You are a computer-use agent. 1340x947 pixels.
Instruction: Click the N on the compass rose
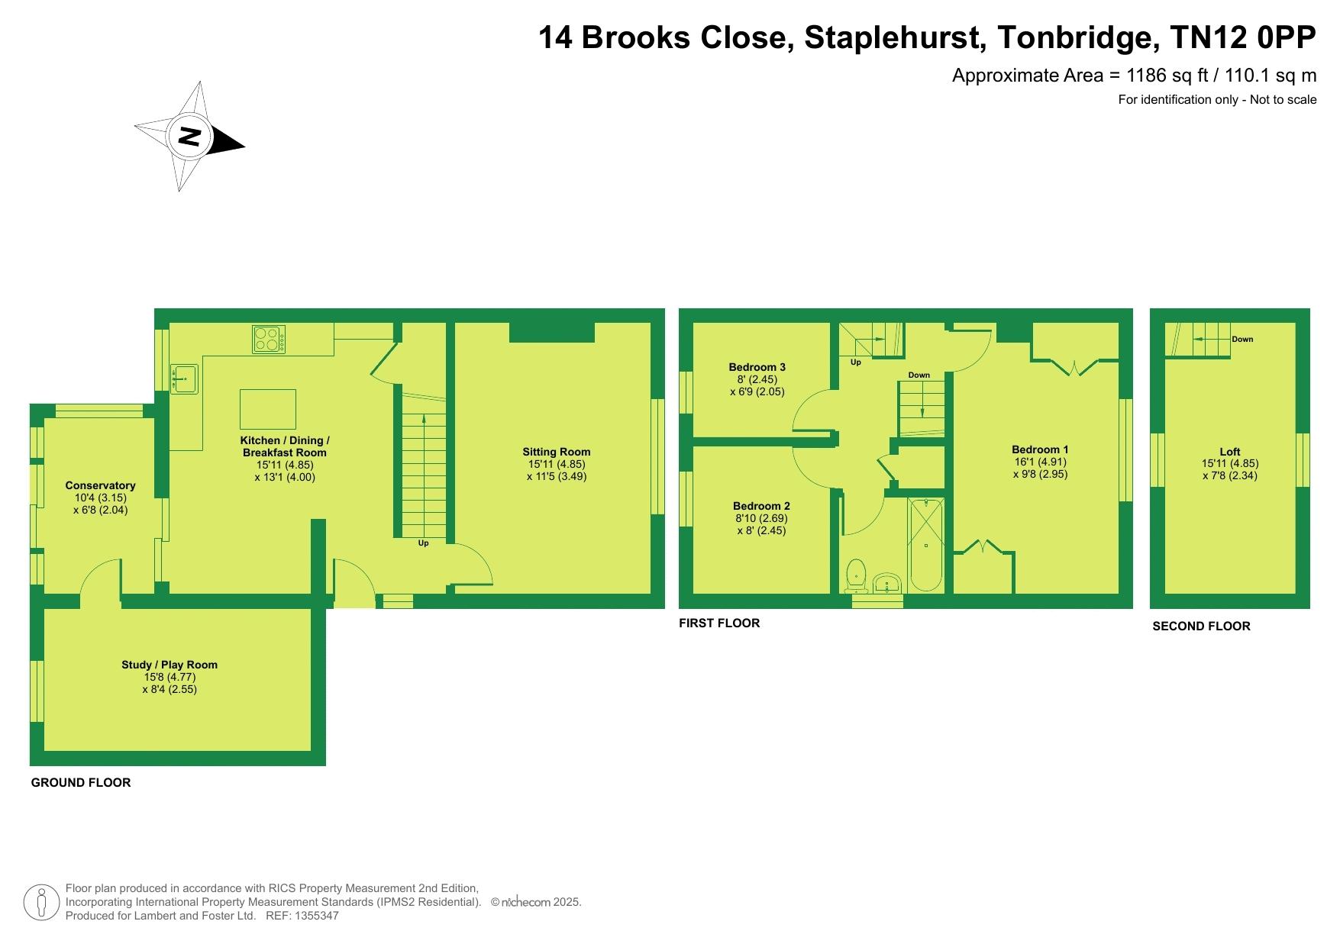click(x=189, y=137)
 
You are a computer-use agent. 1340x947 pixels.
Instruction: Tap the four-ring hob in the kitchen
click(x=270, y=340)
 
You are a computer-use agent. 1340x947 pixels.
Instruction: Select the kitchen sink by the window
click(x=185, y=378)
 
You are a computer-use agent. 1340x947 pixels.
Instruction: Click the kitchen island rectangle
click(x=268, y=409)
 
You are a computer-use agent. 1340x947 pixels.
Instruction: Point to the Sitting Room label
click(x=557, y=452)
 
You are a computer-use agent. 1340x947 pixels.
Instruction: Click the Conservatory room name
click(x=100, y=485)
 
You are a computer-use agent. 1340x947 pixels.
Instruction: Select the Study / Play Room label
click(x=170, y=665)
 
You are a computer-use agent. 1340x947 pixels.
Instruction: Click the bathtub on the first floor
click(x=926, y=544)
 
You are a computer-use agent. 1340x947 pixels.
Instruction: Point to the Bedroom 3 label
click(x=757, y=367)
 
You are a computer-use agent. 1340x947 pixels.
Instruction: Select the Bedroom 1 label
click(x=1040, y=449)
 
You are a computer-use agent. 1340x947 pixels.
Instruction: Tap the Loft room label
click(x=1230, y=452)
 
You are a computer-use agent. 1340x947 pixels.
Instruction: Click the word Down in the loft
click(x=1242, y=340)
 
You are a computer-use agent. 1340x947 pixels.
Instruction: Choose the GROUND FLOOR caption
click(x=81, y=783)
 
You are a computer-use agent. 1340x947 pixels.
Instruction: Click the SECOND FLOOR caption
click(x=1201, y=627)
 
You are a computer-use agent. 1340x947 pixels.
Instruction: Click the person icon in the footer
click(x=42, y=903)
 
